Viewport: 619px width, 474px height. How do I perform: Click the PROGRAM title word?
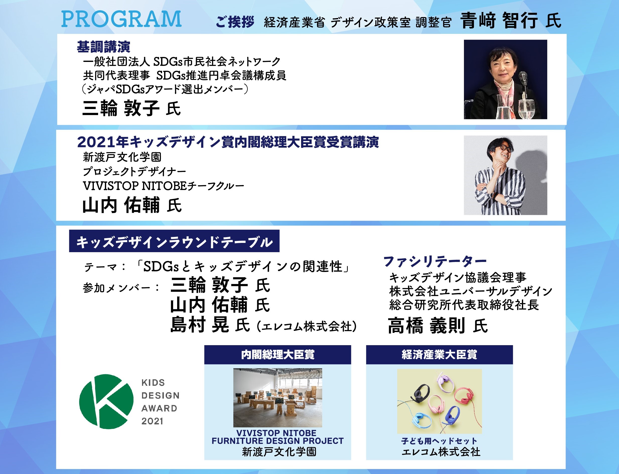(x=121, y=19)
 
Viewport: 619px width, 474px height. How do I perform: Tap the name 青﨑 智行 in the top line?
(x=499, y=20)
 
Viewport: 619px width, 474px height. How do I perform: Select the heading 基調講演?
(x=103, y=47)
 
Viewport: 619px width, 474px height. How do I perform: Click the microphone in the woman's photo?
(x=523, y=78)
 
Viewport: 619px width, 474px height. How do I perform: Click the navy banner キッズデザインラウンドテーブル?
(x=174, y=241)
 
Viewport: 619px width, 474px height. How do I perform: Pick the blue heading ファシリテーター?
(x=435, y=261)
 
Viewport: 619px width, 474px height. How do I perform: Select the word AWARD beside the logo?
(x=159, y=408)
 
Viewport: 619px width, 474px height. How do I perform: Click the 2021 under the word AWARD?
(x=152, y=421)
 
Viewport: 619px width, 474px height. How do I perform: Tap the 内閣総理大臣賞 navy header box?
(x=278, y=355)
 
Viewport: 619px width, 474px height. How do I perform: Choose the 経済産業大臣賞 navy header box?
(x=439, y=355)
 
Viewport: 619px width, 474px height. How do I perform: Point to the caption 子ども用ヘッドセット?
(x=439, y=441)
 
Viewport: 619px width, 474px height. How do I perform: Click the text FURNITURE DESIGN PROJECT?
(x=278, y=441)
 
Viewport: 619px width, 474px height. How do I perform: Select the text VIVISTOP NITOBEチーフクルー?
(x=163, y=186)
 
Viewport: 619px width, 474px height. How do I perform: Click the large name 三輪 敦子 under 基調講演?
(x=121, y=108)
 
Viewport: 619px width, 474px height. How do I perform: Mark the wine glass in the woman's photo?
(x=526, y=109)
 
